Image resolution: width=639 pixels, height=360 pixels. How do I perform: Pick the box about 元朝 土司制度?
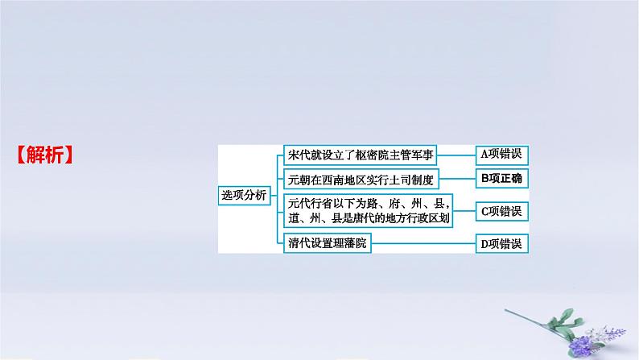tap(360, 178)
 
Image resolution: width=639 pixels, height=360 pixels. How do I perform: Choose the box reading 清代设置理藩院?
tap(329, 243)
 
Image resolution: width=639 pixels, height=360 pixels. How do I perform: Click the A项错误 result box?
tap(501, 155)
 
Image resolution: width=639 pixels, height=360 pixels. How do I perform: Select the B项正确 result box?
tap(501, 179)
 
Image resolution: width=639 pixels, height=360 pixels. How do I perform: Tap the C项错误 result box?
tap(501, 211)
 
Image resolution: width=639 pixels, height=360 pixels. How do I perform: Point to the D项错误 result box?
tap(501, 243)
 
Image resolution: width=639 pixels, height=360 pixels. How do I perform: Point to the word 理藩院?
tap(352, 243)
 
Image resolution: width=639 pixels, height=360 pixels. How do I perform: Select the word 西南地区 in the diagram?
tap(341, 178)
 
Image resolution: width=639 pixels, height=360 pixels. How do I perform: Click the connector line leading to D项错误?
tap(423, 243)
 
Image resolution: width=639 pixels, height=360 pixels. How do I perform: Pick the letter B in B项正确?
tap(484, 179)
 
